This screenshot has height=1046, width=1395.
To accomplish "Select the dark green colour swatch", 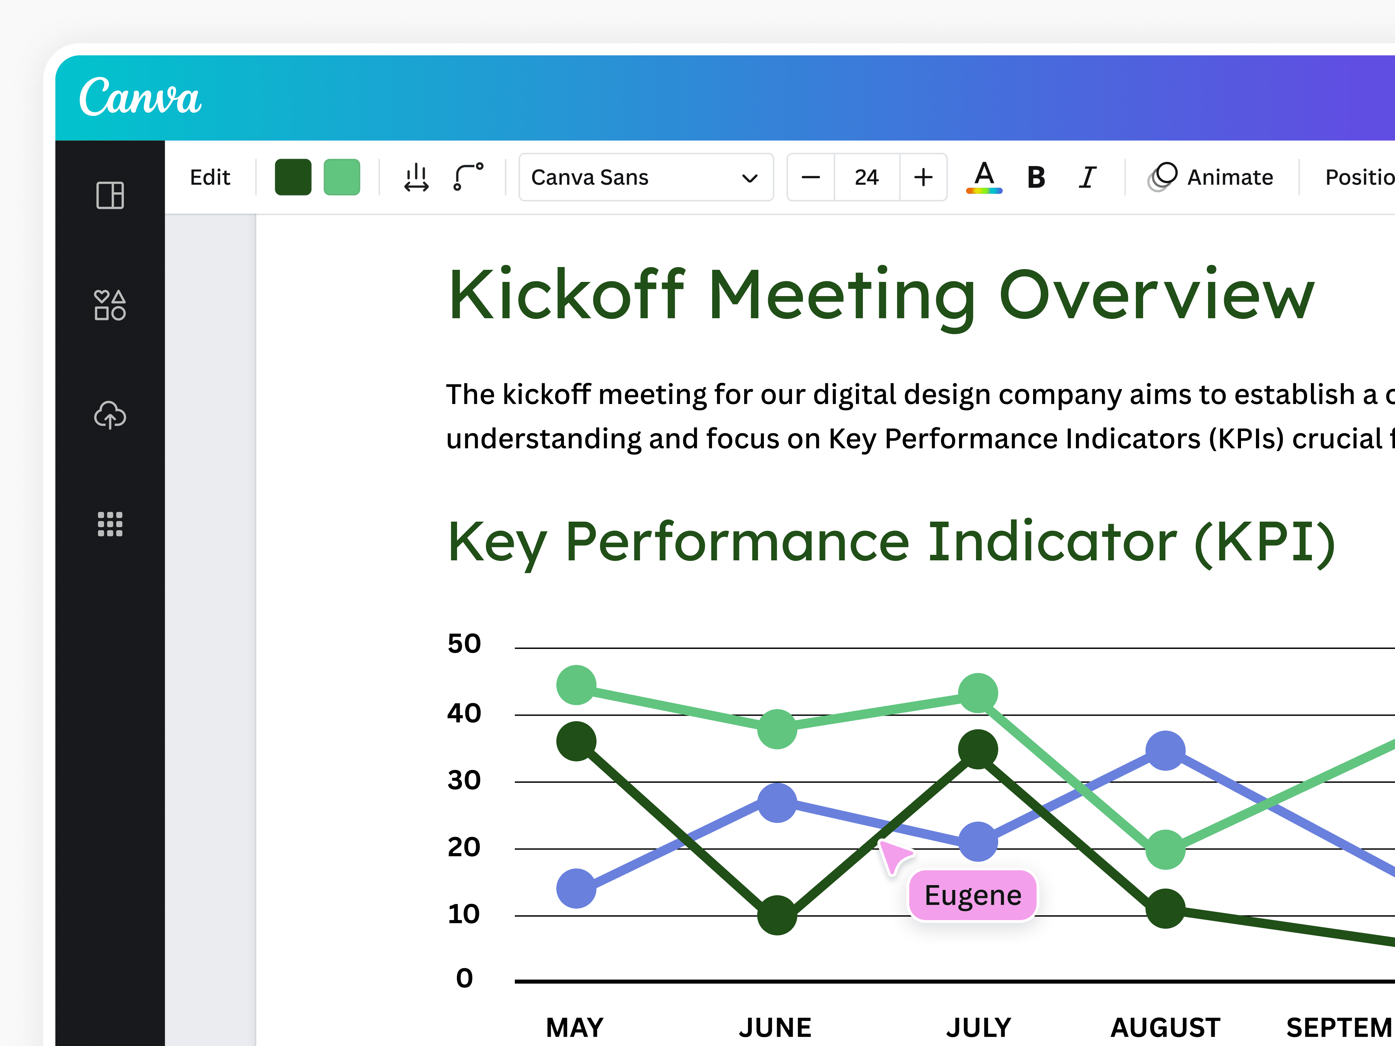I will (293, 177).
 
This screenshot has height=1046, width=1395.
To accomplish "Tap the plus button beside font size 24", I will (923, 177).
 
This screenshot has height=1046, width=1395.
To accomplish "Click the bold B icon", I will (1036, 177).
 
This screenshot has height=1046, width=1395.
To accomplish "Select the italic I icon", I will (1087, 177).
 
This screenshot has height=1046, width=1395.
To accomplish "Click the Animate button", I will (1211, 177).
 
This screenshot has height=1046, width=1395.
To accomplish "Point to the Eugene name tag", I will (973, 895).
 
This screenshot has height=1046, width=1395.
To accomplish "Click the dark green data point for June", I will (777, 915).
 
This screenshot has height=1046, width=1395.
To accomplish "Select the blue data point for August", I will (1165, 750).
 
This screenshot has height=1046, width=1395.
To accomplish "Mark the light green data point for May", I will (576, 685).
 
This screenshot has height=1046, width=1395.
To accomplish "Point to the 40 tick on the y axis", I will (464, 714).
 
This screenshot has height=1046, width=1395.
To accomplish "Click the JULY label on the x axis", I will (978, 1027).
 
